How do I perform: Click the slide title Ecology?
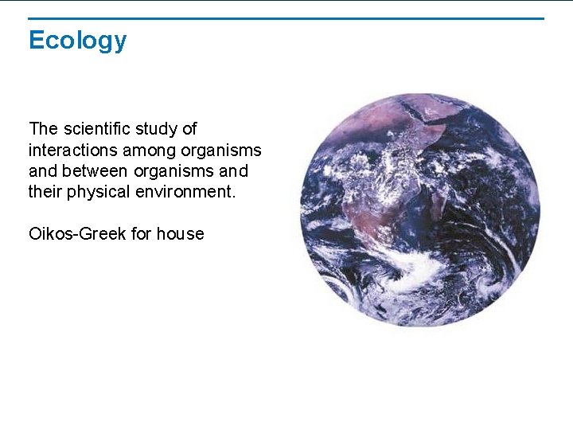77,40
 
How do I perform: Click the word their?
45,192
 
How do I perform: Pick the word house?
180,234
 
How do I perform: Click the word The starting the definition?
43,129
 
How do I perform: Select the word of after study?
189,129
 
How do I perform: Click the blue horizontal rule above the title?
286,18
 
